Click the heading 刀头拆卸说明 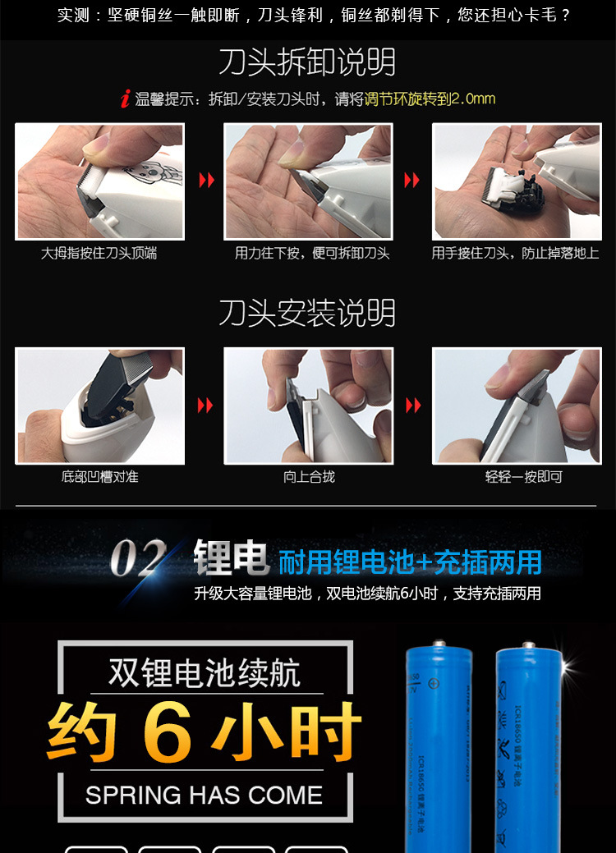tap(307, 62)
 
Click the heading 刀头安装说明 tap(307, 313)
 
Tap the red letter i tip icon tap(124, 100)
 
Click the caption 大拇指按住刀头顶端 tap(99, 254)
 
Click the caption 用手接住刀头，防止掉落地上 tap(515, 254)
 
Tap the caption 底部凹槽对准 tap(99, 477)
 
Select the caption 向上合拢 tap(309, 477)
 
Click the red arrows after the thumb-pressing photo tap(206, 180)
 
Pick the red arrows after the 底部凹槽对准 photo tap(205, 405)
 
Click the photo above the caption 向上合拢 tap(309, 406)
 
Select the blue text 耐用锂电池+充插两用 tap(410, 562)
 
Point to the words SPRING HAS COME tap(205, 795)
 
